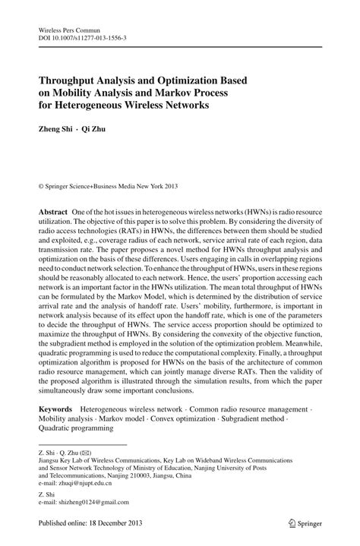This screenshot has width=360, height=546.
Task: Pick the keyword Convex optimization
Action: (187, 418)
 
